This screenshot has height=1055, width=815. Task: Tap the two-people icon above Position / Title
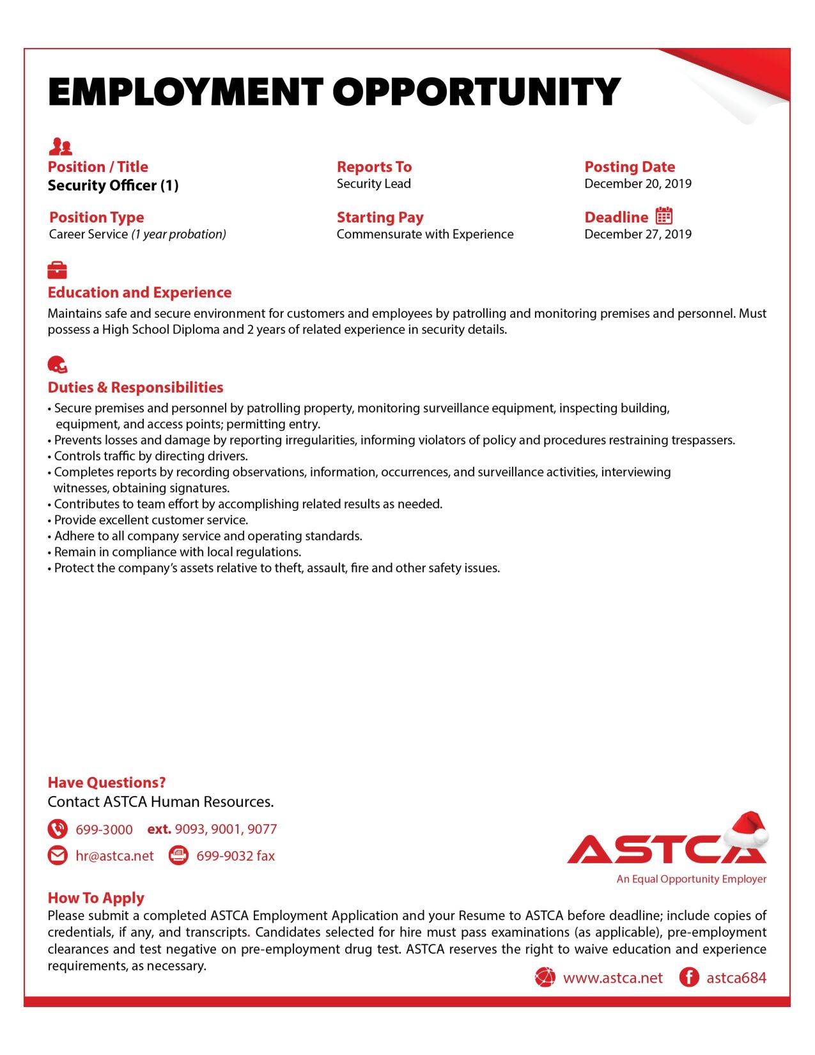60,147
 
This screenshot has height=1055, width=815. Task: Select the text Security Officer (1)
113,185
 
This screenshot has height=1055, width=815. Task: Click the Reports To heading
374,167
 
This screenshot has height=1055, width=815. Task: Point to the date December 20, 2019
637,184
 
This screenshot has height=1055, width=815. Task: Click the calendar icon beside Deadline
664,215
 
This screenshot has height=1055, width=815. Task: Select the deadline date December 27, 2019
637,235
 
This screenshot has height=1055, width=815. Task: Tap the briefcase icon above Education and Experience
57,270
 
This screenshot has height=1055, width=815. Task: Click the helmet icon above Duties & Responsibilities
57,364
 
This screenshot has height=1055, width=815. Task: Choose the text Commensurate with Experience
424,235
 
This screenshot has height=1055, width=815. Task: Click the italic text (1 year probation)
178,235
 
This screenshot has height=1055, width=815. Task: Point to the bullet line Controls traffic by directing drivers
150,457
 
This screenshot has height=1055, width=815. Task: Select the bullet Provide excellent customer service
150,520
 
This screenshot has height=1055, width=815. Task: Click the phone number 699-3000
104,830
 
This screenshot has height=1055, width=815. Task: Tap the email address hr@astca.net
114,856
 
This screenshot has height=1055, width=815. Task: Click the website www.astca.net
612,978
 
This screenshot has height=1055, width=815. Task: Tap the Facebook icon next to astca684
688,978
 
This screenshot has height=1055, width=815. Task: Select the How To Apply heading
96,898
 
